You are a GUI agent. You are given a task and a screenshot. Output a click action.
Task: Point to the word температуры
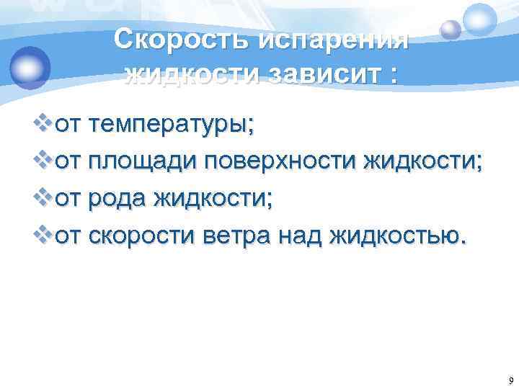pyautogui.click(x=172, y=126)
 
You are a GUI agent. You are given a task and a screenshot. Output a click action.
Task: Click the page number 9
pyautogui.click(x=510, y=380)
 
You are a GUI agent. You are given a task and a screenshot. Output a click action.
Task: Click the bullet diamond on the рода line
pyautogui.click(x=44, y=197)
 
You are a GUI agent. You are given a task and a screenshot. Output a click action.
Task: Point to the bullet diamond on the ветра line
pyautogui.click(x=44, y=232)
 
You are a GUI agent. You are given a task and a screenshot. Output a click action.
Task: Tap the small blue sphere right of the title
pyautogui.click(x=451, y=29)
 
